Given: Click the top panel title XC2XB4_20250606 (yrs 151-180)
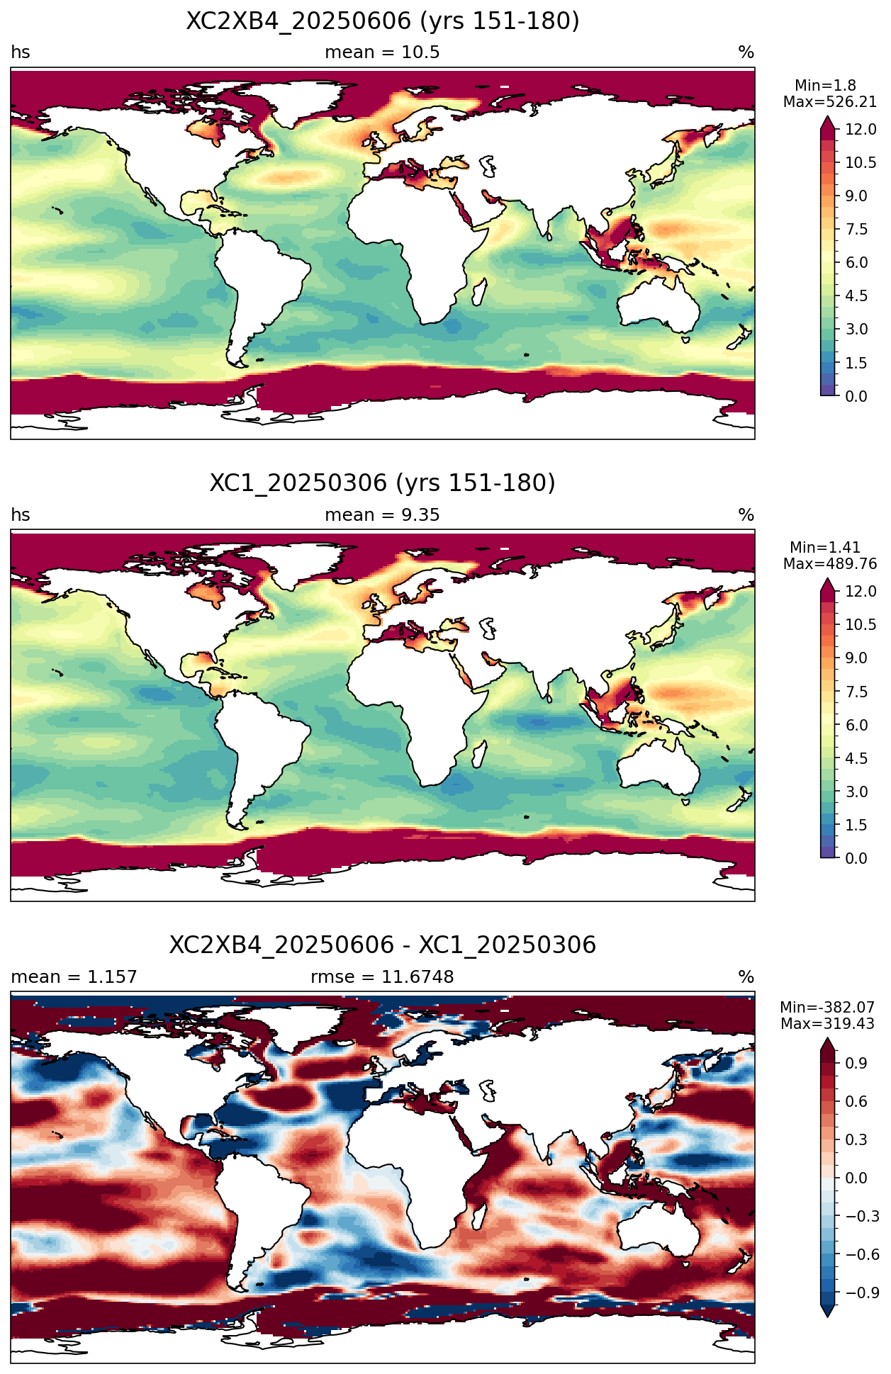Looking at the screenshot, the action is click(383, 21).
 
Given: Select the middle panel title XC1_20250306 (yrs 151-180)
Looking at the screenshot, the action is click(383, 483).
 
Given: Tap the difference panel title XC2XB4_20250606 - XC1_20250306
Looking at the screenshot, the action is click(383, 945).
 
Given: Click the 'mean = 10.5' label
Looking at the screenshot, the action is click(382, 52).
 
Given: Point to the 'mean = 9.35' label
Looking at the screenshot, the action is click(382, 515).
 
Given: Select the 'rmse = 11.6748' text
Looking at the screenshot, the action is click(382, 977).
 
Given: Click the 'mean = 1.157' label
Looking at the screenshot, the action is click(74, 977).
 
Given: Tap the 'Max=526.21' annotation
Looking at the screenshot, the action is click(830, 102).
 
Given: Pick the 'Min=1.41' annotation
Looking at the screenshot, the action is click(825, 548).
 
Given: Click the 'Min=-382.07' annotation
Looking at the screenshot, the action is click(827, 1008).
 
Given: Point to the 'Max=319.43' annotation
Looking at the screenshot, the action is click(827, 1024).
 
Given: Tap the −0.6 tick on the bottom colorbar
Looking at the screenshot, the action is click(861, 1254).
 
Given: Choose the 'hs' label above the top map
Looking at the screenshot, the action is click(21, 52).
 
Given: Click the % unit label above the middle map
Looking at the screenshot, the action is click(746, 515).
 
